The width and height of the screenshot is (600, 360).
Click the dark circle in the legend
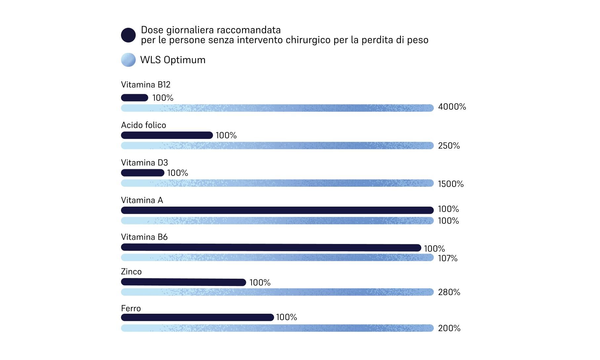(x=128, y=35)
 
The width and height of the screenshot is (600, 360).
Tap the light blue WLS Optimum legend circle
(x=128, y=60)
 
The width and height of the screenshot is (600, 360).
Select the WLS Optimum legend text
(x=173, y=60)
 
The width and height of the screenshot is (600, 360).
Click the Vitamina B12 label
(x=145, y=85)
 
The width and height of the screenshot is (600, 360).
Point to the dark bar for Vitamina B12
(x=135, y=98)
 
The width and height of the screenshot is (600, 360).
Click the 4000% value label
(x=452, y=107)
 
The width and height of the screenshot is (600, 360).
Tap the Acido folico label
(x=143, y=125)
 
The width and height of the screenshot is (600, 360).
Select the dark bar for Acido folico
(x=167, y=135)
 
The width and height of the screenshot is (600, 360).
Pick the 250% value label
(x=449, y=146)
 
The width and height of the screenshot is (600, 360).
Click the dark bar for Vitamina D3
(x=142, y=173)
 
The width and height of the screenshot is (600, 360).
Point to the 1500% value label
(x=451, y=184)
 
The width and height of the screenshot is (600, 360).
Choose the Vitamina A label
(x=142, y=200)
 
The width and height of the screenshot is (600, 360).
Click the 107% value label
(x=448, y=258)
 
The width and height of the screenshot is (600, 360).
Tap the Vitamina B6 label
(x=144, y=237)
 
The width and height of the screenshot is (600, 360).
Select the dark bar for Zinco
(x=183, y=282)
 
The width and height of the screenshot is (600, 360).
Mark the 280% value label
(x=449, y=292)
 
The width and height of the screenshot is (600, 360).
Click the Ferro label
(x=131, y=308)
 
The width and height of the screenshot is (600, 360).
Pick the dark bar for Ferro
(x=197, y=317)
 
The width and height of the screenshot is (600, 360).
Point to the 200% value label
(x=449, y=328)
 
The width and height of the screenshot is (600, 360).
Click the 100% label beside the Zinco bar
(x=260, y=283)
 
